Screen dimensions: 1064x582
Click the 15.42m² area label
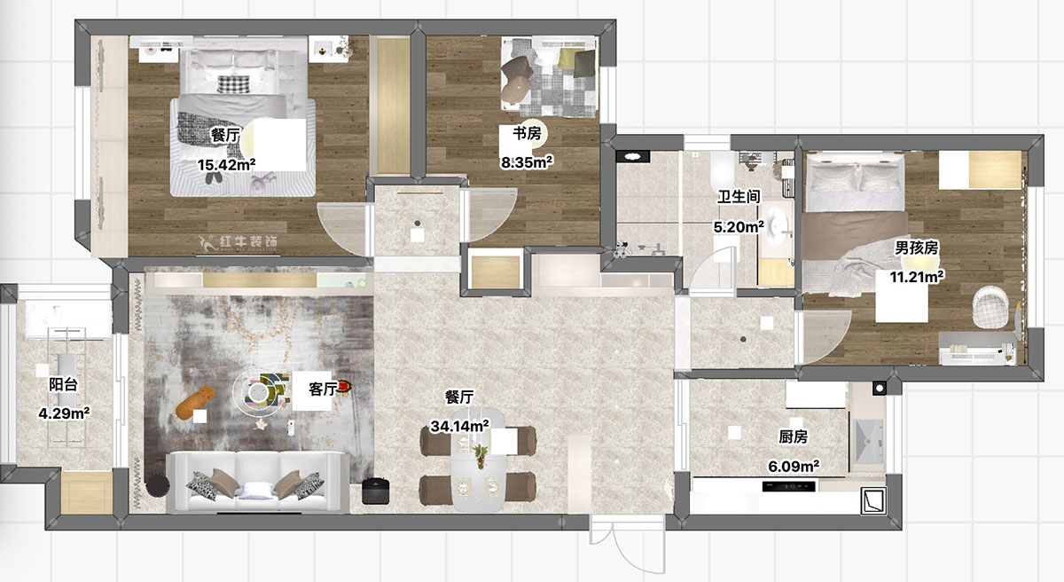tap(227, 165)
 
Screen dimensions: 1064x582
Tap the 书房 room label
tap(527, 133)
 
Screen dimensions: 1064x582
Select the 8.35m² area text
tap(527, 162)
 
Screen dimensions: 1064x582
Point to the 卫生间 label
tap(739, 196)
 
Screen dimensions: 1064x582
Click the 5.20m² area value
tap(739, 226)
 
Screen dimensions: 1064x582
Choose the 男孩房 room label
tap(916, 248)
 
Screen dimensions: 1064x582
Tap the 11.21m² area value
tap(917, 276)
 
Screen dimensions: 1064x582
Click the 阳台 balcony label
tap(63, 384)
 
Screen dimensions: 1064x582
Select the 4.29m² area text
tap(64, 413)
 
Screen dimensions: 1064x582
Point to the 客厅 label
tap(323, 389)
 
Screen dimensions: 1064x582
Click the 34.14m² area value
tap(460, 426)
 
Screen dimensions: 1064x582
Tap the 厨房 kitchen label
tap(793, 436)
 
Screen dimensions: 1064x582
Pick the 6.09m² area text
tap(794, 466)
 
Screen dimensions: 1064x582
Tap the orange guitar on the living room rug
tap(195, 403)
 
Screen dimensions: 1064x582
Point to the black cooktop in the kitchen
tap(788, 486)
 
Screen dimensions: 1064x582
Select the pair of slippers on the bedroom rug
tap(213, 177)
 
